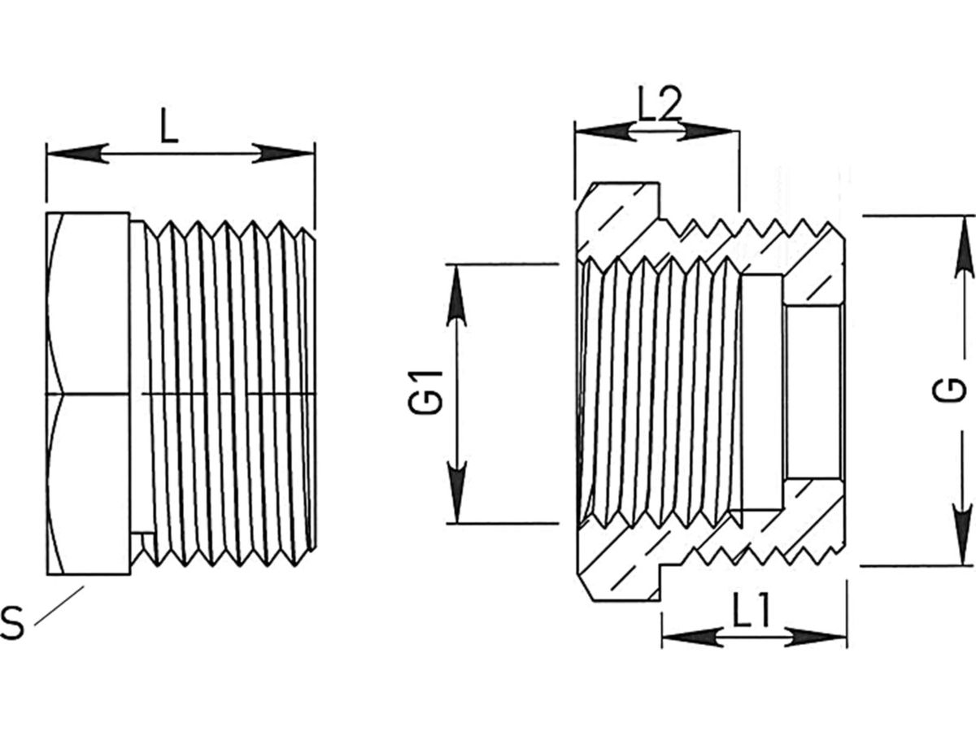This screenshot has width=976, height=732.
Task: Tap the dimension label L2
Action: pos(658,107)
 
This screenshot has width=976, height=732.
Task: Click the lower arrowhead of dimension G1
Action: pos(457,493)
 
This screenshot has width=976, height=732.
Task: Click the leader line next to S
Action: pos(59,604)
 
